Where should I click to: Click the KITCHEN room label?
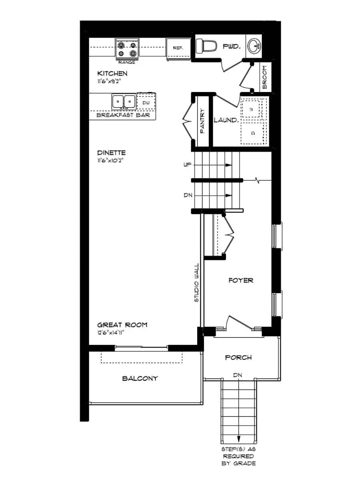point(112,73)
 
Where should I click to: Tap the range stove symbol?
point(127,49)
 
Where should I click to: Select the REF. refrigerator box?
point(178,48)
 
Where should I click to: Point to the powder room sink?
point(254,46)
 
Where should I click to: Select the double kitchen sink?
point(124,102)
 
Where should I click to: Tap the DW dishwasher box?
point(146,102)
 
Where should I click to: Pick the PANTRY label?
point(202,121)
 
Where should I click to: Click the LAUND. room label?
point(226,120)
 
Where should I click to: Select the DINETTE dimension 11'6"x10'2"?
point(112,160)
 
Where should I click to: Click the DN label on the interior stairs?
point(188,195)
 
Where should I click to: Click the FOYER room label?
point(241,280)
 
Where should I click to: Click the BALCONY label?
point(140,378)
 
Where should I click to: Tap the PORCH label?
point(238,357)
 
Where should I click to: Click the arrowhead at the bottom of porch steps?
point(239,438)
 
